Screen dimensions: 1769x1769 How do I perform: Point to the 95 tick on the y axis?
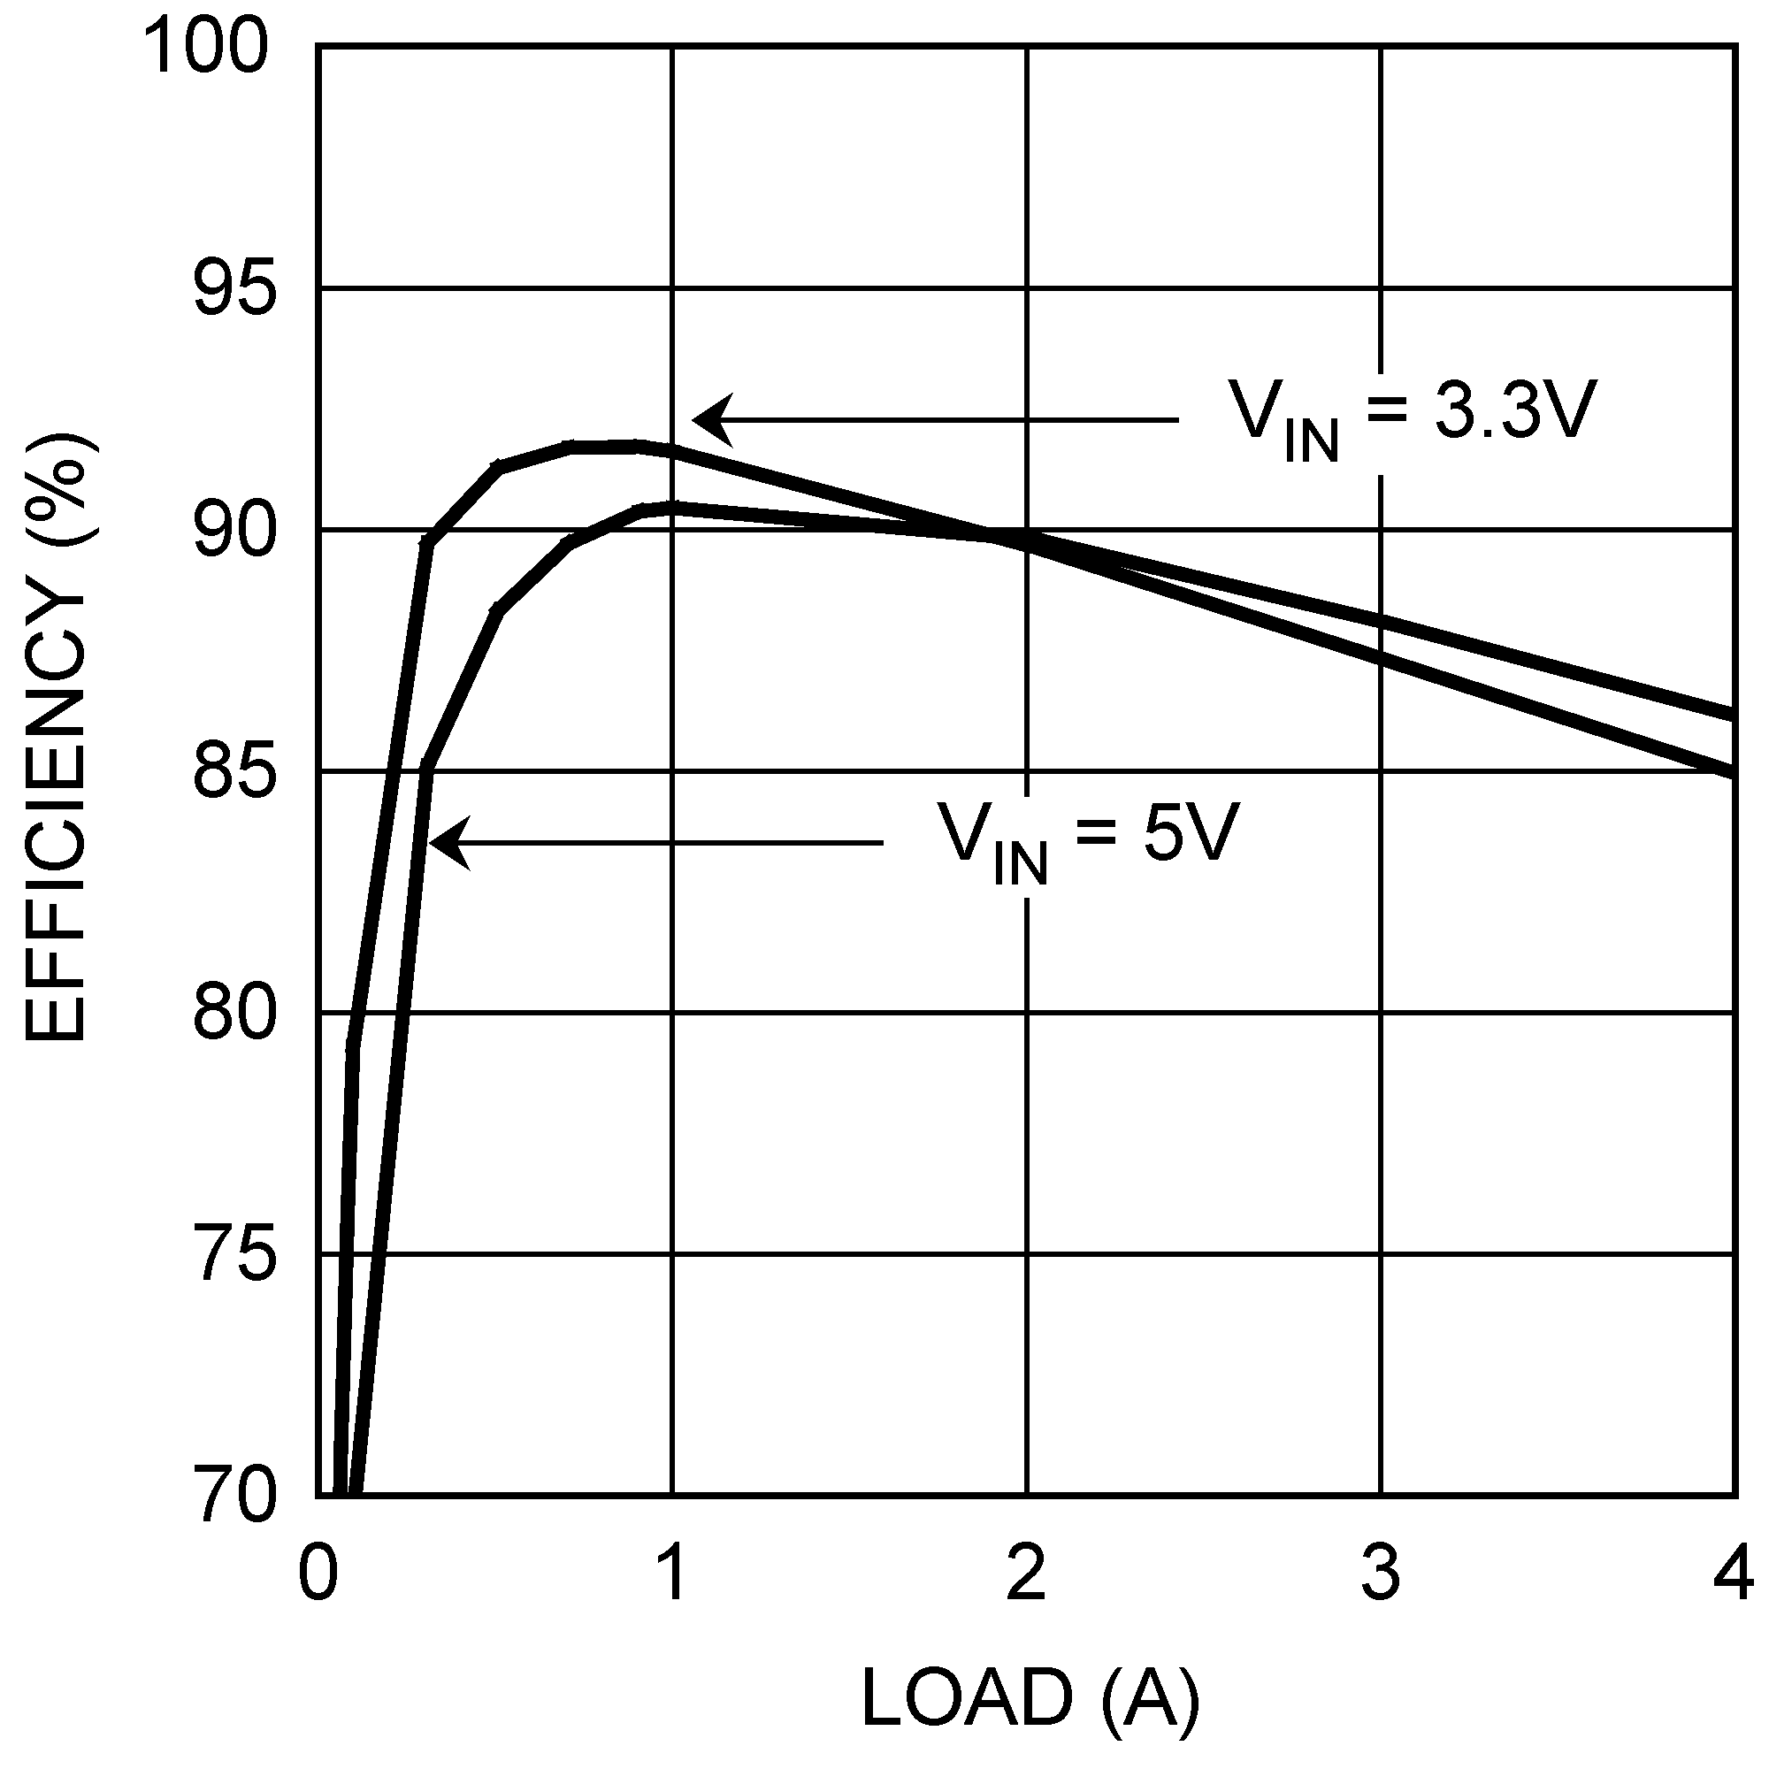coord(234,289)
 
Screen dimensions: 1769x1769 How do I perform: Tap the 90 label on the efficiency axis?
coord(234,531)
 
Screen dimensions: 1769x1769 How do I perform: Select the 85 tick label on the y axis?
coord(234,772)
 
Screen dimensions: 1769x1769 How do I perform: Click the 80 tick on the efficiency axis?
coord(234,1013)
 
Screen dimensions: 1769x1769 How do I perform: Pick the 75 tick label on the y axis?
coord(234,1254)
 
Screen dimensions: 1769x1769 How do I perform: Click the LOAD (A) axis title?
coord(1030,1696)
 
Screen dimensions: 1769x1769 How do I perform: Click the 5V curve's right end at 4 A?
coord(1731,715)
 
